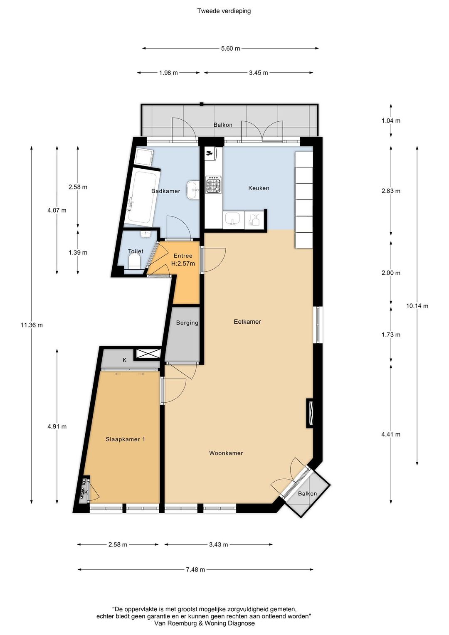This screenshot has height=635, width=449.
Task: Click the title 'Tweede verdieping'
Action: tap(224, 11)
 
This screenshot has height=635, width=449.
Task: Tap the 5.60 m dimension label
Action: tap(230, 49)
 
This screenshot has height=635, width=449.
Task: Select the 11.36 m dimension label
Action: tap(32, 325)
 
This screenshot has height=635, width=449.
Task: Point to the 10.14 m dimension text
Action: tap(417, 306)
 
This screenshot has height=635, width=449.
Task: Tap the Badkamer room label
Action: tap(165, 191)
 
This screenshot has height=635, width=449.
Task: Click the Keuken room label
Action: tap(259, 188)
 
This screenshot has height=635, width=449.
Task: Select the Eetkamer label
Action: tap(247, 322)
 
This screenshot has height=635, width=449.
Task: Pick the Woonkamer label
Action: tap(226, 453)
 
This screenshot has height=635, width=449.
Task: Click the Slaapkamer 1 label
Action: tap(125, 439)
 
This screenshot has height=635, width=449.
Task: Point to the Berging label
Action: tap(187, 323)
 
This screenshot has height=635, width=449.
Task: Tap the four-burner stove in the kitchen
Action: tap(213, 185)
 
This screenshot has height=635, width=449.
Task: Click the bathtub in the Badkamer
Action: tap(142, 197)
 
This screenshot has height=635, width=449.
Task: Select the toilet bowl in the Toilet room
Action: tap(134, 262)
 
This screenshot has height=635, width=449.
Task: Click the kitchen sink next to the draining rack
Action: tap(232, 219)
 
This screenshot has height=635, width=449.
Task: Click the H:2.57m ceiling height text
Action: tap(183, 264)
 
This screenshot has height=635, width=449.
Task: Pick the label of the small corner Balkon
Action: tap(307, 494)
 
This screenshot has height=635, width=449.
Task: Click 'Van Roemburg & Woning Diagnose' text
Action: tap(204, 623)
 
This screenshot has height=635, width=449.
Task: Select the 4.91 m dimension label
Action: tap(57, 427)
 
